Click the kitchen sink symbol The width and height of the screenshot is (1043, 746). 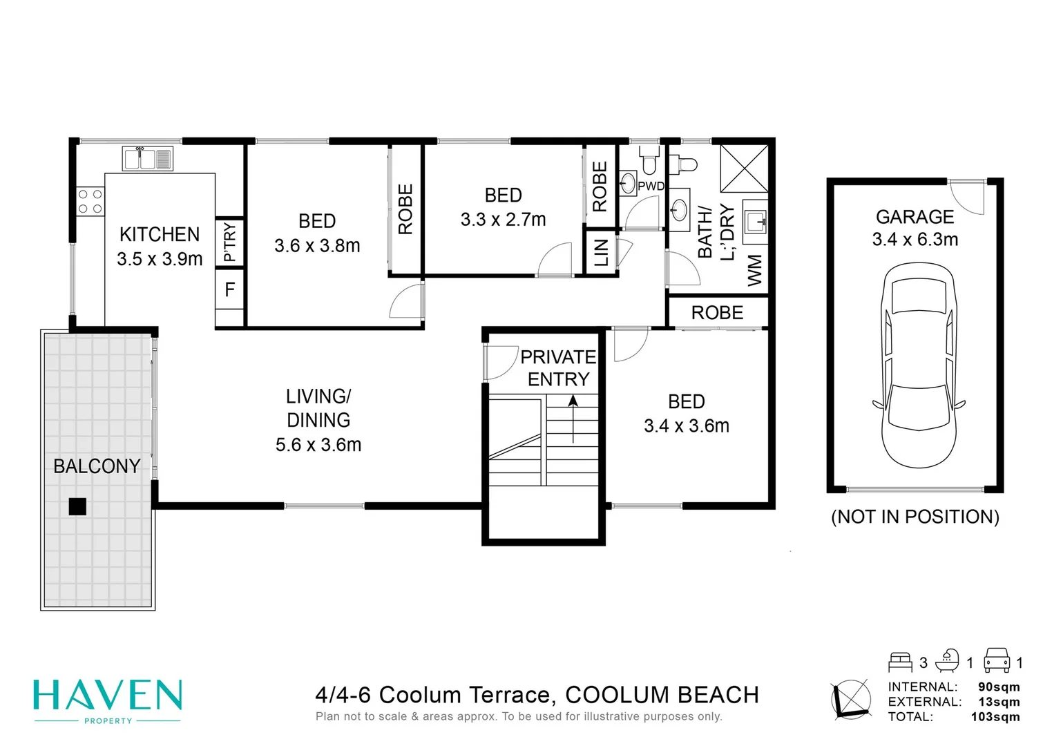(147, 158)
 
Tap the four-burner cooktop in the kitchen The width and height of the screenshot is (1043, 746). (90, 201)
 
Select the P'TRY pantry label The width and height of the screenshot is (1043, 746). (229, 242)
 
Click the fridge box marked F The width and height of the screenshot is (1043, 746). (230, 289)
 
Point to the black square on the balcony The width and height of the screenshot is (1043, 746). (77, 506)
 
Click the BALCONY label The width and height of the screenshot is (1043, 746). (97, 466)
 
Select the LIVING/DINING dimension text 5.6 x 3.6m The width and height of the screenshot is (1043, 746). (318, 445)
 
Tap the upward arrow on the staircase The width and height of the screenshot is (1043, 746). (573, 418)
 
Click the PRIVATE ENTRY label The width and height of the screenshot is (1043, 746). (558, 368)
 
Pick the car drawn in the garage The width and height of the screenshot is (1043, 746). (918, 366)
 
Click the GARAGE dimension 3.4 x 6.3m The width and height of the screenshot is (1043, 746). (915, 240)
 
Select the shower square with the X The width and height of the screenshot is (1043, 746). (744, 168)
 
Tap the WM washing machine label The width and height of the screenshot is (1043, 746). (755, 270)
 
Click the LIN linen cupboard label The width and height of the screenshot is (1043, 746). (601, 253)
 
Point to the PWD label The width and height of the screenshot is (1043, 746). (651, 186)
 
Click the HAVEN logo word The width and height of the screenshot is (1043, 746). (108, 696)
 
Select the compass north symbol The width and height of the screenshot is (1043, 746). (851, 700)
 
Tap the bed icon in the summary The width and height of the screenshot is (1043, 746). (900, 662)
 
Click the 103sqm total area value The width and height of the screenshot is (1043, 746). (995, 716)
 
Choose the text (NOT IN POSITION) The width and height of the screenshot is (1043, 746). (915, 517)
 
